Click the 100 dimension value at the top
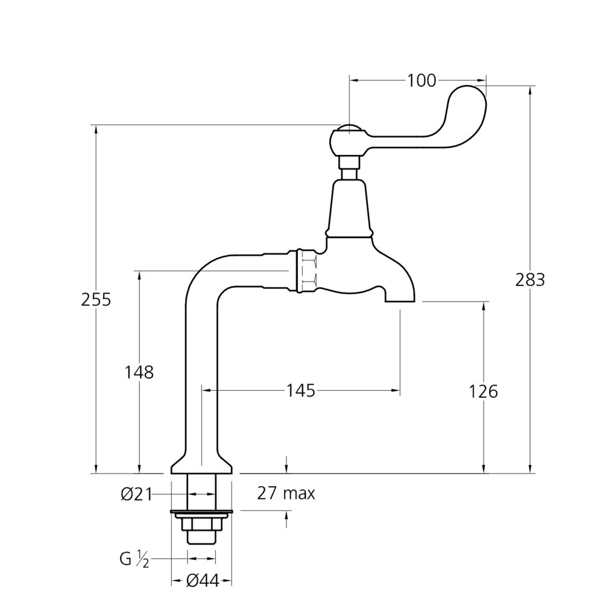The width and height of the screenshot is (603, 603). [421, 80]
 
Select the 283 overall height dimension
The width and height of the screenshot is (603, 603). [531, 280]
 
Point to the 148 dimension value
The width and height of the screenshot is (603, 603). [140, 372]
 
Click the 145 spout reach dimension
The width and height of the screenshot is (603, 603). [300, 391]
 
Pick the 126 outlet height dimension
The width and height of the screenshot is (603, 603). [484, 391]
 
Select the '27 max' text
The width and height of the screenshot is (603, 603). [286, 494]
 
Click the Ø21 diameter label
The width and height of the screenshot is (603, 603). [135, 494]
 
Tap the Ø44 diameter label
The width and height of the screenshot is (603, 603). [202, 580]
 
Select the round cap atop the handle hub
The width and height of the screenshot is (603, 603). [349, 128]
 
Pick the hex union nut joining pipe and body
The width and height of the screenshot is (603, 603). [306, 271]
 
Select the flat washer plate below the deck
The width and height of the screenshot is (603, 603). [201, 513]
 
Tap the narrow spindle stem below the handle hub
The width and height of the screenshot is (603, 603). [349, 166]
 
